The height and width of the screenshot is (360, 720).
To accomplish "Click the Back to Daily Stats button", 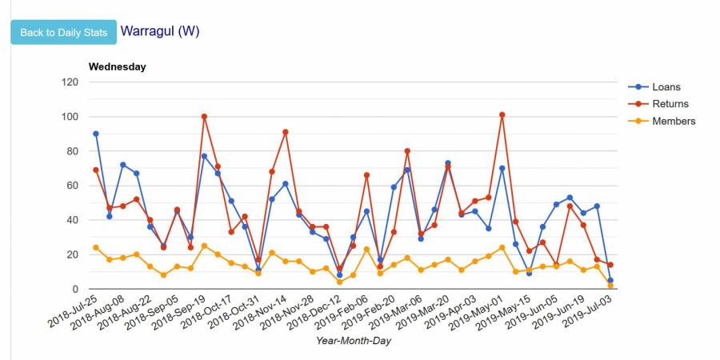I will point(63,32).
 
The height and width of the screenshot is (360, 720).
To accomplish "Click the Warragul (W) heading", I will point(159,31).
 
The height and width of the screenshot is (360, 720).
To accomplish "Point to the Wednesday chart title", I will point(117,66).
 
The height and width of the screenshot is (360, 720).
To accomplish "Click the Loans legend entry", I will point(666,86).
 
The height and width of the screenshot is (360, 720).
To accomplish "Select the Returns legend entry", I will point(670,104).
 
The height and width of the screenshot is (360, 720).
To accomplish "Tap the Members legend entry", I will point(673,122).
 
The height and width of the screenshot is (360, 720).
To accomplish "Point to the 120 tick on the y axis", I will point(70,82).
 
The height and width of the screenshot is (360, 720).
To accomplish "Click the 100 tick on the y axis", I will point(70,117).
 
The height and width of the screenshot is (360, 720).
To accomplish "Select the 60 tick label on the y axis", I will point(73,186).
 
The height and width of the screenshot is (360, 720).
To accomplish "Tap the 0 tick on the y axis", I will point(75,289).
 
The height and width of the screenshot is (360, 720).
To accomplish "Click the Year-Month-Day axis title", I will point(353,341).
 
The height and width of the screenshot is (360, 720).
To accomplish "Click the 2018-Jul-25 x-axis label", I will point(74,314).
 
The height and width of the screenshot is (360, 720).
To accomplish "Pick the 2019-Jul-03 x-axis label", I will point(588,314).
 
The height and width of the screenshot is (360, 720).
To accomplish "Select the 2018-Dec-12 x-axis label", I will point(318,314).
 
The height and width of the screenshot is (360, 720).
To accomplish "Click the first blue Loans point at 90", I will point(96,134).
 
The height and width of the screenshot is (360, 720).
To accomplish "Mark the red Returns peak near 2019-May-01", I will point(502,114).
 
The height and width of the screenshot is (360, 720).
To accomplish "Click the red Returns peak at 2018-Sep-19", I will point(204,116).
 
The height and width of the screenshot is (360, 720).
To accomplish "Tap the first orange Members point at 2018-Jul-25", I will point(96,247).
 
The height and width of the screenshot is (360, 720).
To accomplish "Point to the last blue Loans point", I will point(610,281).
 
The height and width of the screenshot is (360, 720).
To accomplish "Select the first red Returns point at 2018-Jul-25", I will point(96,170).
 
